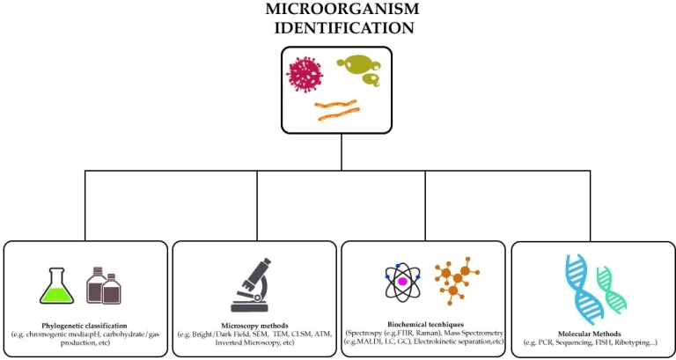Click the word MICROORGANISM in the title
[x=342, y=10]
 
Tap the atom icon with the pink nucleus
[x=403, y=281]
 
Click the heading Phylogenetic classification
[x=84, y=326]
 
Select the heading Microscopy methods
[x=254, y=326]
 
